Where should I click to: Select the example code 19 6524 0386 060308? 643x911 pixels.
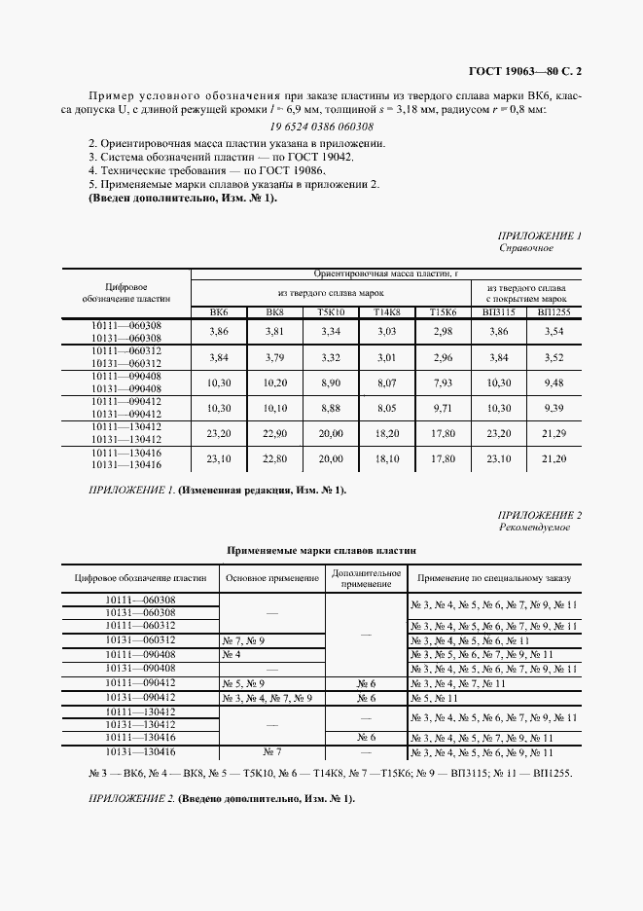[321, 127]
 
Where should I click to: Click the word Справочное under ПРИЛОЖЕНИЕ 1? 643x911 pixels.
[525, 248]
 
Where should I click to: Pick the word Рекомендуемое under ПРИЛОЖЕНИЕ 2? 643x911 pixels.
[534, 527]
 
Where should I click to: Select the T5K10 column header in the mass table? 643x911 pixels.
[331, 312]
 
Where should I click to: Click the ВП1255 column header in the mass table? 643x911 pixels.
[554, 312]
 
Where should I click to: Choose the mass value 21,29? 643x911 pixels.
[554, 431]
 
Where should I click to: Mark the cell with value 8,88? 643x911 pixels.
[331, 407]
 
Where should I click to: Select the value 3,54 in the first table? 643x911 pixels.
[554, 332]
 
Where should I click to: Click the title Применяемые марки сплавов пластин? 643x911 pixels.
[321, 550]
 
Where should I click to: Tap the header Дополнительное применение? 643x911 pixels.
[366, 578]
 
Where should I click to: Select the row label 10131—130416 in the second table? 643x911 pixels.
[140, 752]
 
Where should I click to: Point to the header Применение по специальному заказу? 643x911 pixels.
[495, 578]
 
